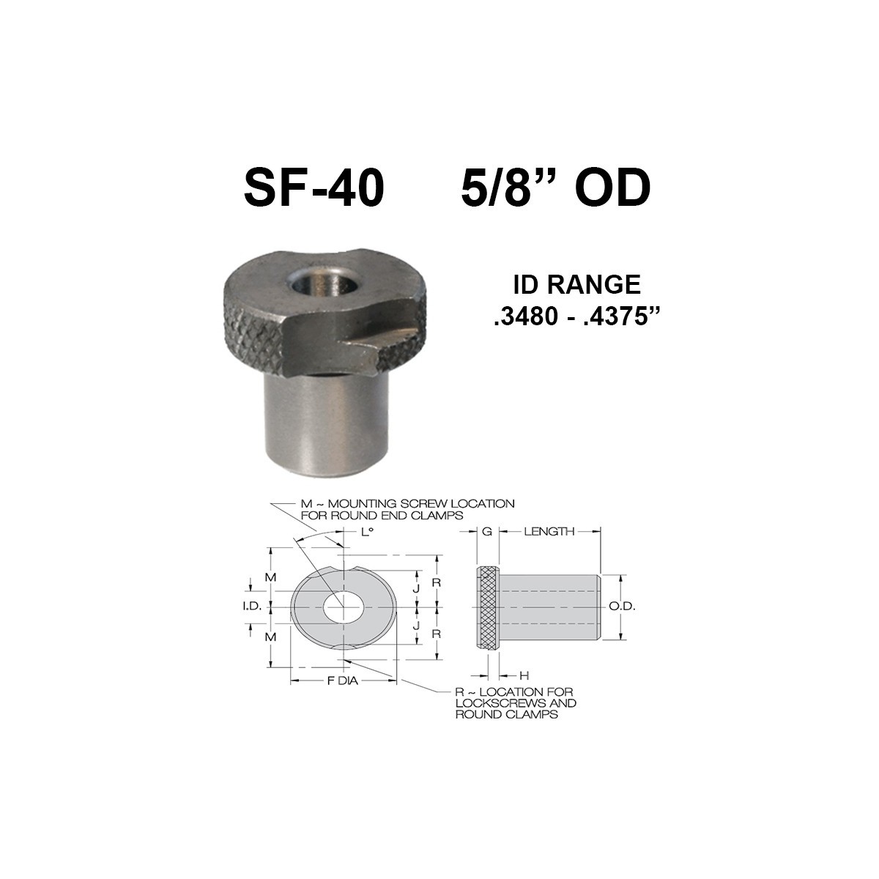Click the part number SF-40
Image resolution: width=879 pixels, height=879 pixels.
(314, 189)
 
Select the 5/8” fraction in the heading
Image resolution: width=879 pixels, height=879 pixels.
(506, 189)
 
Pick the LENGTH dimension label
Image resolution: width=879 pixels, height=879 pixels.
(549, 531)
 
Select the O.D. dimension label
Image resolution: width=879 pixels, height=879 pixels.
(623, 607)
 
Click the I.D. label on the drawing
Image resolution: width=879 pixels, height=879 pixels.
(252, 607)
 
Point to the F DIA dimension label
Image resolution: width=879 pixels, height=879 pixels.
(344, 681)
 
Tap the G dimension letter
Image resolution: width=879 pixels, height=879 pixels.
(486, 531)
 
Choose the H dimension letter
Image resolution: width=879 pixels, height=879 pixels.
(523, 675)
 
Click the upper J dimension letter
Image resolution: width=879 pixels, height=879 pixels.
(416, 587)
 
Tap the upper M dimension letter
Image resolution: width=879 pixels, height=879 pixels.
(271, 576)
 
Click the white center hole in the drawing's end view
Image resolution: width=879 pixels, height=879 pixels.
(343, 607)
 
